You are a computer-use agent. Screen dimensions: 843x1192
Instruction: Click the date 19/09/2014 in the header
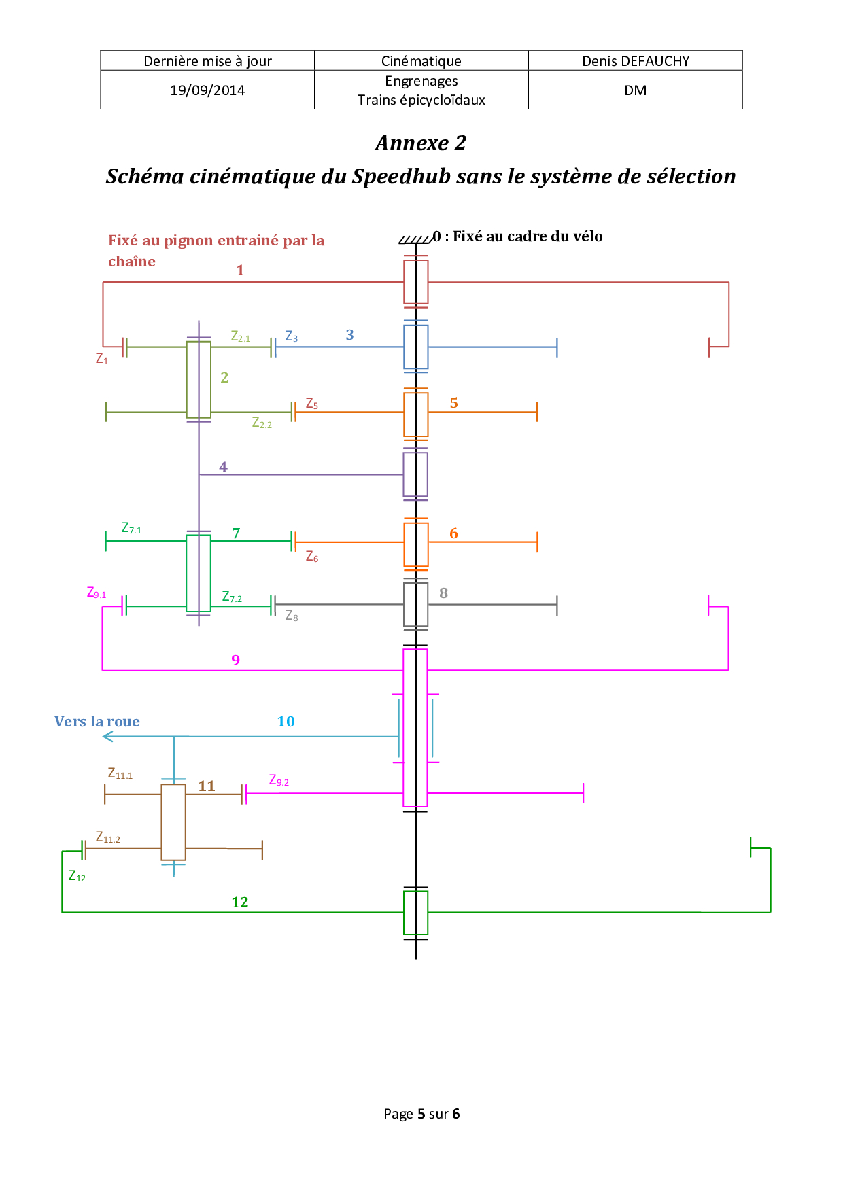[x=207, y=90]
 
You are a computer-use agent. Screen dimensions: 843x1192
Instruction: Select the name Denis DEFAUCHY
[x=636, y=61]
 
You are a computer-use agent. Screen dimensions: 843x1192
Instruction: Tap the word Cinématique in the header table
[x=421, y=61]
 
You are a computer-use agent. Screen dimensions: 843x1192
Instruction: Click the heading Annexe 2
[x=421, y=143]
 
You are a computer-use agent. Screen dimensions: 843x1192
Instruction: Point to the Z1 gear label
[x=102, y=359]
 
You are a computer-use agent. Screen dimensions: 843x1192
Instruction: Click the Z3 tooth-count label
[x=292, y=336]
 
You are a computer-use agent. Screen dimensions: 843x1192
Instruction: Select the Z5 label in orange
[x=312, y=404]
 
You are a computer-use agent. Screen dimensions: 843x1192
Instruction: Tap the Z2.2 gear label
[x=262, y=423]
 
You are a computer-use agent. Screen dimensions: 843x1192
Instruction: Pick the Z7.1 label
[x=131, y=528]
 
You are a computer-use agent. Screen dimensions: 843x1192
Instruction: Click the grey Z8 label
[x=292, y=616]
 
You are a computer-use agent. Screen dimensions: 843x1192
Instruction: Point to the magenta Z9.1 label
[x=97, y=593]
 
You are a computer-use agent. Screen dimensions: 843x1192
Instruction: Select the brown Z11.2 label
[x=108, y=838]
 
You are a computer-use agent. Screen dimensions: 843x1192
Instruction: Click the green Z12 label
[x=77, y=876]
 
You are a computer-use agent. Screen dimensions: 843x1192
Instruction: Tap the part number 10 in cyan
[x=286, y=722]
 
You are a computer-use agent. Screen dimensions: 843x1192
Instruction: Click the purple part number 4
[x=223, y=468]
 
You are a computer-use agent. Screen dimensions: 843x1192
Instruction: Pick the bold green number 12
[x=240, y=902]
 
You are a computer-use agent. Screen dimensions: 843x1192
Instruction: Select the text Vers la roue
[x=97, y=722]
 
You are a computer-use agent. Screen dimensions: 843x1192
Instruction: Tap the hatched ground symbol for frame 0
[x=415, y=239]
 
